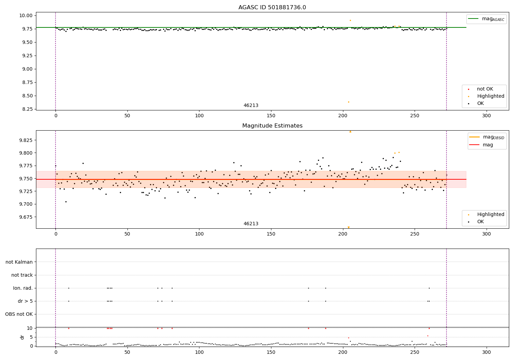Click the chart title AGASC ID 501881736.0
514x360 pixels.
[x=272, y=8]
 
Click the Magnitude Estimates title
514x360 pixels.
[x=272, y=126]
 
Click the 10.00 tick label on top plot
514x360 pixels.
[x=26, y=15]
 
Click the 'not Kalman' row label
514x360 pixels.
[x=19, y=262]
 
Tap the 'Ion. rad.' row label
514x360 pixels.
[x=23, y=288]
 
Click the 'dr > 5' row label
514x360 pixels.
[x=25, y=301]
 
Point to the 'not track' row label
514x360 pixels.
[x=22, y=275]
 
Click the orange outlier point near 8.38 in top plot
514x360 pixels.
[x=348, y=102]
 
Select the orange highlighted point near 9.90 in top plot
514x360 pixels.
[x=350, y=20]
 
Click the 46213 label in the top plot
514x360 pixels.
[x=251, y=106]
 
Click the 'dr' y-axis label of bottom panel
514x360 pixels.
[x=22, y=337]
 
